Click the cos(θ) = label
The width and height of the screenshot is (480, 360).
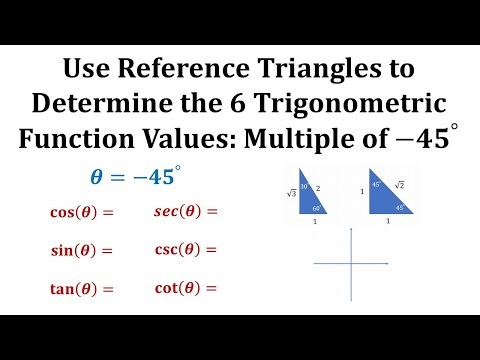point(82,212)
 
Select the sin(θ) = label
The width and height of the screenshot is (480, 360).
point(81,250)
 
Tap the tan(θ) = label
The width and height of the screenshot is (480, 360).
point(82,289)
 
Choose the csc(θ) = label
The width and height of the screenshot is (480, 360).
point(185,249)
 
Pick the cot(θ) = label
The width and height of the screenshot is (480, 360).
point(185,288)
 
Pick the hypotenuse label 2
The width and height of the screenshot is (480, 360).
point(317,187)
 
